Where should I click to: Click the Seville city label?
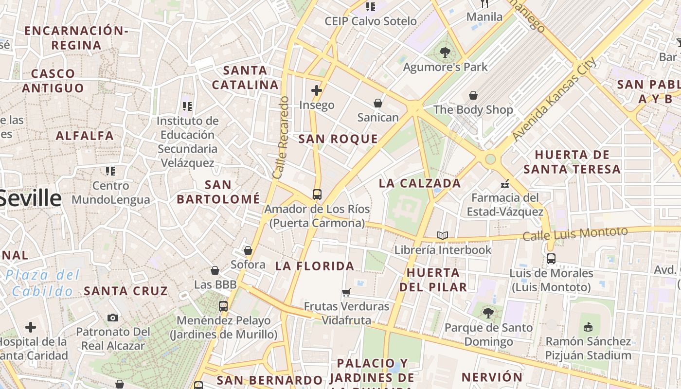tap(30, 199)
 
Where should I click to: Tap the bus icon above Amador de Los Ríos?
tap(317, 194)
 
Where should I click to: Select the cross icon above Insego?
tap(317, 90)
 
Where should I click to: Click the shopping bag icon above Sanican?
tap(377, 103)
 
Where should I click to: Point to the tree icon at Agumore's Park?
tap(445, 53)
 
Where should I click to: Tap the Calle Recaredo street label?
tap(281, 138)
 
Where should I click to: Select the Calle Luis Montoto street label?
tap(575, 233)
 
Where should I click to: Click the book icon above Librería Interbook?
tap(442, 236)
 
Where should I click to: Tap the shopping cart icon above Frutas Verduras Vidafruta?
tap(346, 292)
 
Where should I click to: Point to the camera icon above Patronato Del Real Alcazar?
tap(113, 318)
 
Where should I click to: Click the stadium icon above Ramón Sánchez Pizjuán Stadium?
tap(588, 327)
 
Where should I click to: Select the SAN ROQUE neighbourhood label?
tap(338, 139)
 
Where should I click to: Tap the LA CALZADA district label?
tap(420, 183)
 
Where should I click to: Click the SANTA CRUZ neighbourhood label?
tap(126, 291)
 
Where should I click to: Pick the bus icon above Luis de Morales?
tap(551, 259)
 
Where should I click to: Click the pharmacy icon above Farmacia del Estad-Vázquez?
tap(505, 184)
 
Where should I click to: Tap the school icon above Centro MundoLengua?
tap(110, 171)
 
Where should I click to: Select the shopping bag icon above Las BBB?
tap(215, 270)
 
